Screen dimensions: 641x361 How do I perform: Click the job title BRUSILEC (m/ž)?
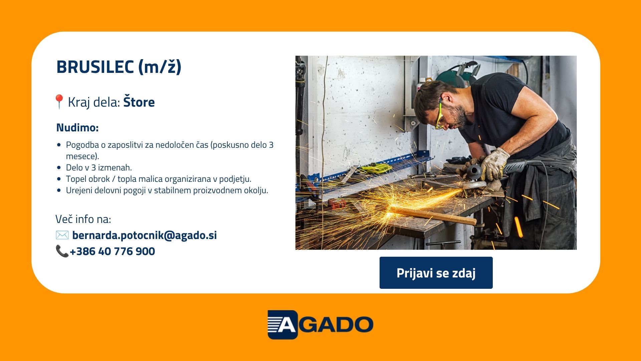tap(119, 67)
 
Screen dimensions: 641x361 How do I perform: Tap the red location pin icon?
tap(59, 102)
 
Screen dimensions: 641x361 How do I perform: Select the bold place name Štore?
tap(139, 102)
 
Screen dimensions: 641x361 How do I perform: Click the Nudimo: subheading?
tap(77, 128)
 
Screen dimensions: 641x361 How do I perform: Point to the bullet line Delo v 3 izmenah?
tap(99, 167)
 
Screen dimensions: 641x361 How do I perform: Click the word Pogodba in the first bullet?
tap(82, 145)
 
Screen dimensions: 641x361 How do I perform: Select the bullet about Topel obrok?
tap(159, 179)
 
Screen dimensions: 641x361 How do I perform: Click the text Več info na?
tap(83, 219)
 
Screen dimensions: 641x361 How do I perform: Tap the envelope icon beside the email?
tap(62, 235)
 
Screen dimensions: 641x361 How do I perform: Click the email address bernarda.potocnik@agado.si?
tap(145, 235)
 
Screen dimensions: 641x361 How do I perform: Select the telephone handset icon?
tap(62, 251)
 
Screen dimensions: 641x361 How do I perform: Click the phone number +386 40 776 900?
tap(112, 251)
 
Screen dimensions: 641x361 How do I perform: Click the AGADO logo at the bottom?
tap(320, 325)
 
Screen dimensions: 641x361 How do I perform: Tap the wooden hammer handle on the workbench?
tap(434, 215)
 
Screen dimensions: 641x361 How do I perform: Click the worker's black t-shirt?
tap(507, 114)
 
